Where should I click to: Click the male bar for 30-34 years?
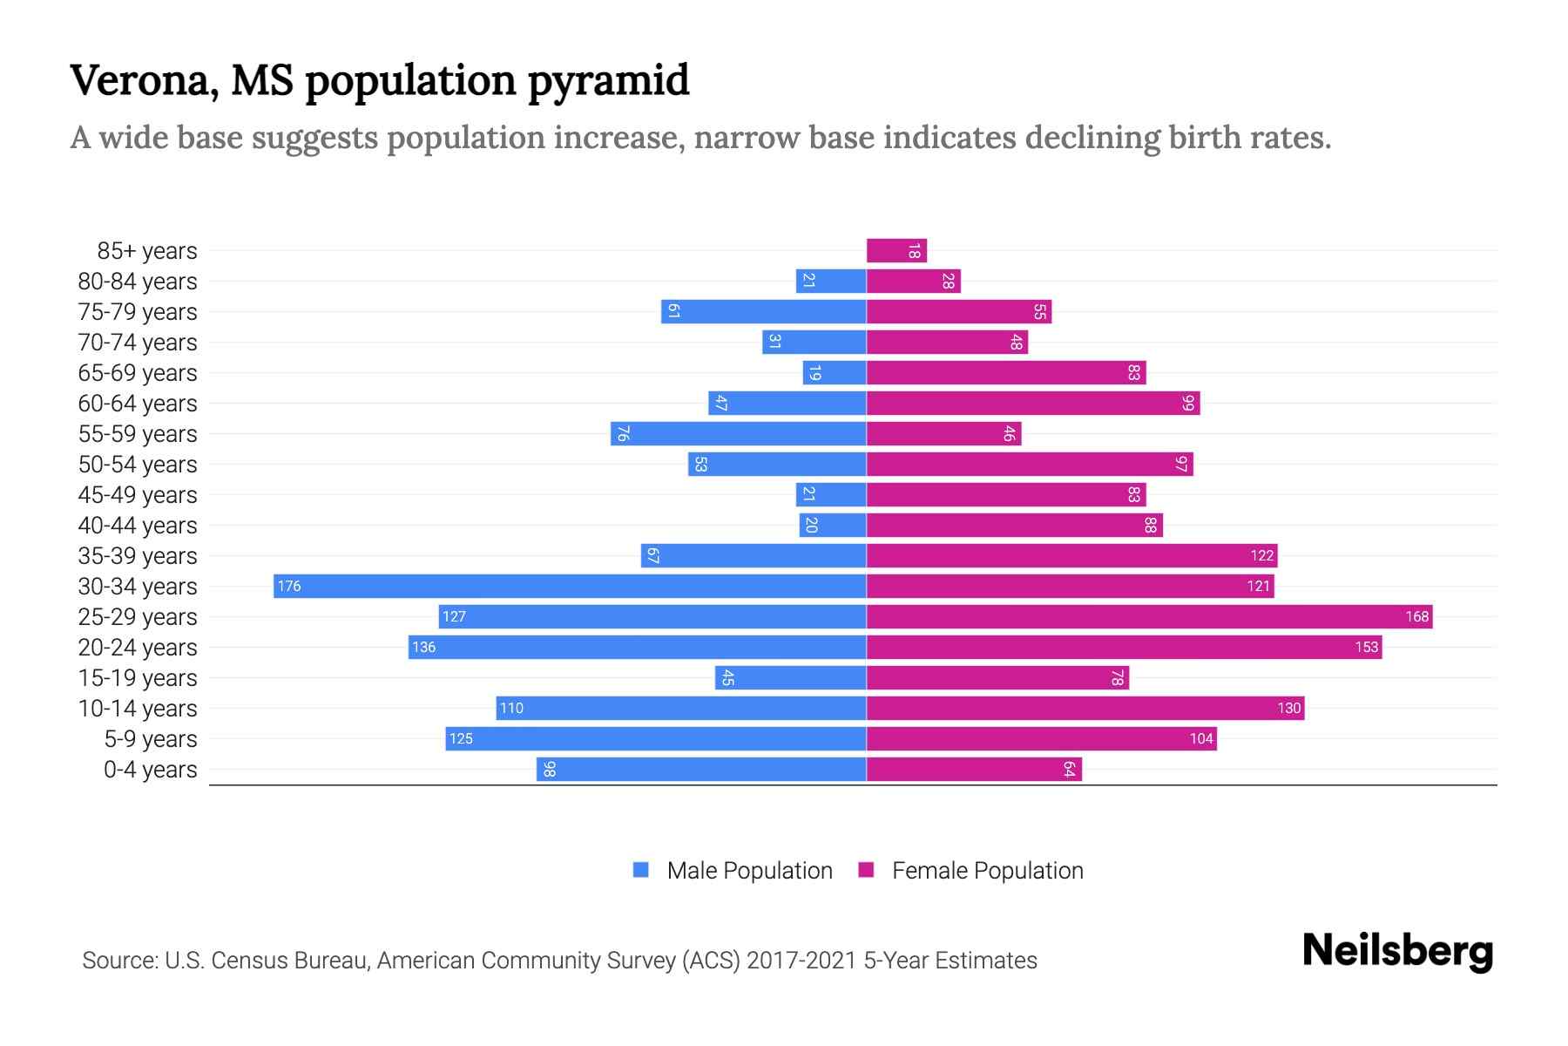(570, 586)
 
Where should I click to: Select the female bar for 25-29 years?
(1149, 616)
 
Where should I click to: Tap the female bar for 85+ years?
(896, 251)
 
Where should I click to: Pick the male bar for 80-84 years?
(831, 281)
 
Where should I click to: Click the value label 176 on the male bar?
(289, 586)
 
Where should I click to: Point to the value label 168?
(1416, 616)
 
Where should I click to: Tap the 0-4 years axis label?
(150, 770)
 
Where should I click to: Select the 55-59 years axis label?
(138, 434)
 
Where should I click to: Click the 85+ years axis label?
(147, 251)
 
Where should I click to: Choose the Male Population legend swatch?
(641, 870)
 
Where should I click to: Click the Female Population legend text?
(987, 870)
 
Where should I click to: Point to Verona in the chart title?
(144, 81)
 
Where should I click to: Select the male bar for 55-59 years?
(738, 433)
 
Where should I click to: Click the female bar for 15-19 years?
(997, 677)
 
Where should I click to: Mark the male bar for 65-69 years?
(835, 372)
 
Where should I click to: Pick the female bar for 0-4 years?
(974, 769)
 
